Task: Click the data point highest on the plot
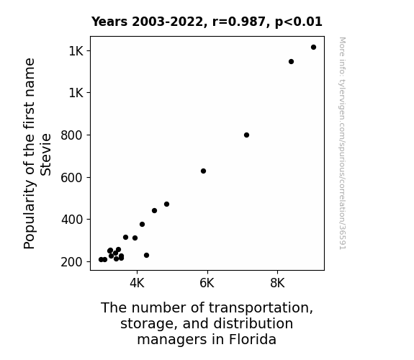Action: [x=313, y=48]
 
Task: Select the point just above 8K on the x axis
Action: [x=291, y=61]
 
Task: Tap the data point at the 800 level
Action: [x=246, y=135]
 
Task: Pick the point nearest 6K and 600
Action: [x=203, y=171]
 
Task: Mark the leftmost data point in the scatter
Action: [x=101, y=259]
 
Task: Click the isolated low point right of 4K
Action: [x=146, y=255]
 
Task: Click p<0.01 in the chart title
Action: [x=299, y=22]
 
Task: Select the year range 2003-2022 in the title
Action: [x=168, y=22]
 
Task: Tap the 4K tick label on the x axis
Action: [x=137, y=283]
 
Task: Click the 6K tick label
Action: [x=207, y=283]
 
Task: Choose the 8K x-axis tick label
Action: [x=277, y=283]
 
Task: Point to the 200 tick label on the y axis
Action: [x=72, y=262]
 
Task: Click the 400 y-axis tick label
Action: [x=72, y=220]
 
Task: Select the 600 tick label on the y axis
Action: [x=72, y=178]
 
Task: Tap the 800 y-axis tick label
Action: [x=72, y=135]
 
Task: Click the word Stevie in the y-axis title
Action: [x=45, y=155]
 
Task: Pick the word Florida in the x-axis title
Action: [x=253, y=339]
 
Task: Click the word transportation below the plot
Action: [x=261, y=308]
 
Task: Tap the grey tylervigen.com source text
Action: [x=342, y=143]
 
